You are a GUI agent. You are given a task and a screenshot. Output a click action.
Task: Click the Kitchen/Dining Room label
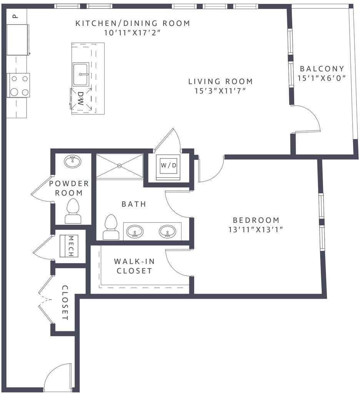[x=133, y=23]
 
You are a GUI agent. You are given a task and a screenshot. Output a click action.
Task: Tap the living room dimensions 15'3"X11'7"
[x=220, y=91]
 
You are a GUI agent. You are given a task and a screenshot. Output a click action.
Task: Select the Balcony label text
[x=322, y=68]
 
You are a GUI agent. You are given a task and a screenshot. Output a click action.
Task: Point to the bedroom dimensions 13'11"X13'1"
[x=256, y=229]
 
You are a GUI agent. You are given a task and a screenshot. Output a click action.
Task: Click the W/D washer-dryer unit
[x=168, y=165]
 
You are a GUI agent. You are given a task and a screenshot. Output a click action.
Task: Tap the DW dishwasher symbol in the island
[x=81, y=98]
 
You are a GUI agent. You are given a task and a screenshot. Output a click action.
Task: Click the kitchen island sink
[x=81, y=74]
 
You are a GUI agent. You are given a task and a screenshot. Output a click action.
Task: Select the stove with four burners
[x=18, y=85]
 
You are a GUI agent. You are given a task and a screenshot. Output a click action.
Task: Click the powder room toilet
[x=73, y=211]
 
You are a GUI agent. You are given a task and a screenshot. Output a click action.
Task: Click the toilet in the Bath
[x=111, y=227]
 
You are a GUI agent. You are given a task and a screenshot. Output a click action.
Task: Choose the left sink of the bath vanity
[x=135, y=231]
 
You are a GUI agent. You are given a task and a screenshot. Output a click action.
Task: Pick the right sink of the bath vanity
[x=168, y=231]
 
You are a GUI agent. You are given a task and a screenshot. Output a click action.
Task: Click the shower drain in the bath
[x=119, y=165]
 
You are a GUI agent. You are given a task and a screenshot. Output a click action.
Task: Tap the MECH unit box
[x=69, y=246]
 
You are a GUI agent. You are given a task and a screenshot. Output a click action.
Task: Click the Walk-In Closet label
[x=134, y=266]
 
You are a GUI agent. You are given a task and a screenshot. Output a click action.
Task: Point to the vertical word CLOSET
[x=65, y=302]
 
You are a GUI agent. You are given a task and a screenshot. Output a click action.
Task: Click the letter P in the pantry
[x=15, y=17]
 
